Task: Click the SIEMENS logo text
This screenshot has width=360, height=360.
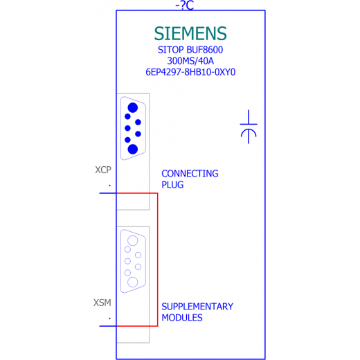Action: (190, 33)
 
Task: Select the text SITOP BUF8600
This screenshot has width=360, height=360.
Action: (190, 50)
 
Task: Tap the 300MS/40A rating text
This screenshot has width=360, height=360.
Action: (190, 61)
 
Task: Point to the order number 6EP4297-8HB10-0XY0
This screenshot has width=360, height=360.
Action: (190, 72)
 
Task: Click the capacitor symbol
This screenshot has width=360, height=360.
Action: (249, 127)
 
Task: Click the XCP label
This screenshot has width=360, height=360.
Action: (103, 170)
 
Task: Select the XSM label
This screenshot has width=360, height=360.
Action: (102, 303)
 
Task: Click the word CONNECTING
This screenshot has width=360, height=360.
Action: (190, 174)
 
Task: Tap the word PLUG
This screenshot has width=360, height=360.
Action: (172, 185)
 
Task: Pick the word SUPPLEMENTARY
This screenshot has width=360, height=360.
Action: (197, 307)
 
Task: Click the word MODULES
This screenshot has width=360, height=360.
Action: (182, 318)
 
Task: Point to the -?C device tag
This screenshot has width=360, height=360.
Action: (185, 5)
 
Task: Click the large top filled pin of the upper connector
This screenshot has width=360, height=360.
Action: (133, 108)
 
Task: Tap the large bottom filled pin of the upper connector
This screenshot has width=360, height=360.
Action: (133, 149)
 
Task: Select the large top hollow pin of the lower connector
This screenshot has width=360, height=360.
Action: (133, 241)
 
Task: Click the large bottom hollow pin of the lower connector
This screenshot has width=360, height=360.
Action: (133, 282)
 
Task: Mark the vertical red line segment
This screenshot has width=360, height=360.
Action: (158, 260)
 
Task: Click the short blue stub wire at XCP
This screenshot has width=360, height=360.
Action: (108, 193)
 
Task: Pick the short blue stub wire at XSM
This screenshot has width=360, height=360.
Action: (108, 326)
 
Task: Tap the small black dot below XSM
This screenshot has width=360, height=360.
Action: (110, 318)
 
